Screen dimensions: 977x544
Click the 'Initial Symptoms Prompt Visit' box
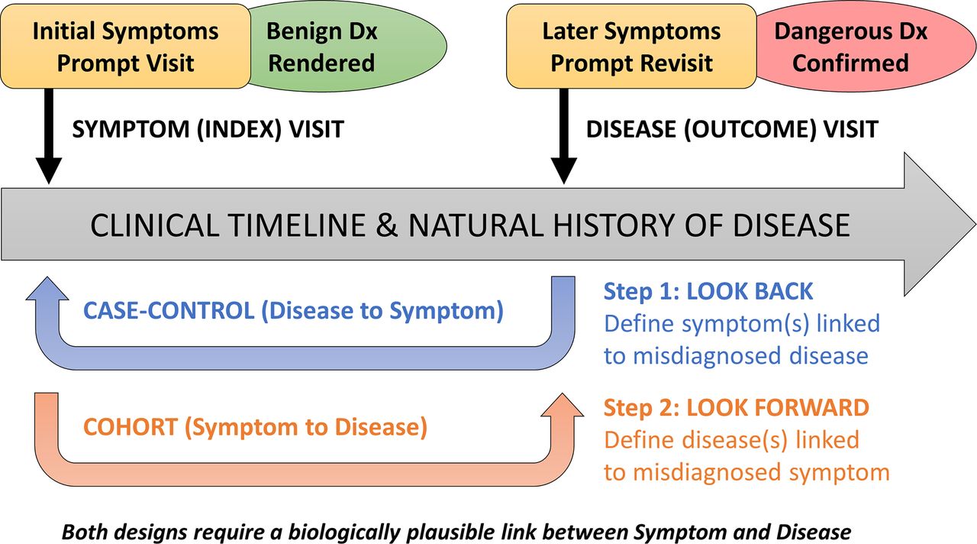pyautogui.click(x=126, y=47)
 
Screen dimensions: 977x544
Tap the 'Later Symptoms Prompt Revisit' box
pyautogui.click(x=631, y=47)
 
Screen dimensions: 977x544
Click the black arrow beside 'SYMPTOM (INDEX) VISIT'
pyautogui.click(x=49, y=136)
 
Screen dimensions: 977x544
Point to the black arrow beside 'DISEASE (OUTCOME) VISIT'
pyautogui.click(x=564, y=136)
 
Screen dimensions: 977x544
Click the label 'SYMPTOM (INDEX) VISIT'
pyautogui.click(x=208, y=130)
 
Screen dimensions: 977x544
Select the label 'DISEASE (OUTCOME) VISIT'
pyautogui.click(x=732, y=130)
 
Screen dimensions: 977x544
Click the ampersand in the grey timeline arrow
pyautogui.click(x=386, y=225)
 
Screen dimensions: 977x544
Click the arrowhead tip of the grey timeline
pyautogui.click(x=975, y=225)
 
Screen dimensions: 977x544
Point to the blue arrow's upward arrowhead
pyautogui.click(x=47, y=288)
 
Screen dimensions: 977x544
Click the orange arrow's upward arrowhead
pyautogui.click(x=563, y=405)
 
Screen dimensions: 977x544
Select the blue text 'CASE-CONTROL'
pyautogui.click(x=169, y=310)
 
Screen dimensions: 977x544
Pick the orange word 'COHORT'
pyautogui.click(x=131, y=426)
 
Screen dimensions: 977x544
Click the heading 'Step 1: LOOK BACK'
pyautogui.click(x=708, y=291)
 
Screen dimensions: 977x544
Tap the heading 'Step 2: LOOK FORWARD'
pyautogui.click(x=737, y=408)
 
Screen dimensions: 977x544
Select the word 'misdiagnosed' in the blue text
pyautogui.click(x=707, y=355)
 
